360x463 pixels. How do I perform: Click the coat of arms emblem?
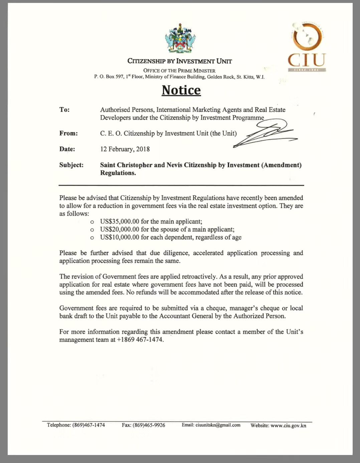click(x=180, y=39)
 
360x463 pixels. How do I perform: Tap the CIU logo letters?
click(x=307, y=60)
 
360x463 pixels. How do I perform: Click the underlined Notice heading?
click(x=181, y=90)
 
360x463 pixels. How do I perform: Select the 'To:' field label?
click(x=64, y=110)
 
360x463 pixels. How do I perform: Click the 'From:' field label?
click(x=68, y=133)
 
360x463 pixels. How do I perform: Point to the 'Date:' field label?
click(x=67, y=149)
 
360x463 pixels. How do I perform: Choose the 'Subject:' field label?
click(x=71, y=165)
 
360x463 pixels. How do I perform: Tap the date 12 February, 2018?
click(x=125, y=149)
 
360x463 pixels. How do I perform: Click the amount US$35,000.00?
click(x=120, y=221)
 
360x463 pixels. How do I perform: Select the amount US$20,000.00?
click(x=120, y=229)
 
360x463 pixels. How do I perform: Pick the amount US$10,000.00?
click(x=120, y=238)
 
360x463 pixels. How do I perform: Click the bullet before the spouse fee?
click(x=92, y=230)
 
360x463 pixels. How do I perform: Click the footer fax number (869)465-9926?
click(x=149, y=425)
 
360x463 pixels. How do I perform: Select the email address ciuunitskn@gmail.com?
click(x=218, y=425)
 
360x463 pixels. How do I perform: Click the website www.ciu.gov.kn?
click(x=288, y=425)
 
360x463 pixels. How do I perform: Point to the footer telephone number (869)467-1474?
click(x=88, y=425)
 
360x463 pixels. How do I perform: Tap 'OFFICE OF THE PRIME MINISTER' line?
click(x=179, y=70)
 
